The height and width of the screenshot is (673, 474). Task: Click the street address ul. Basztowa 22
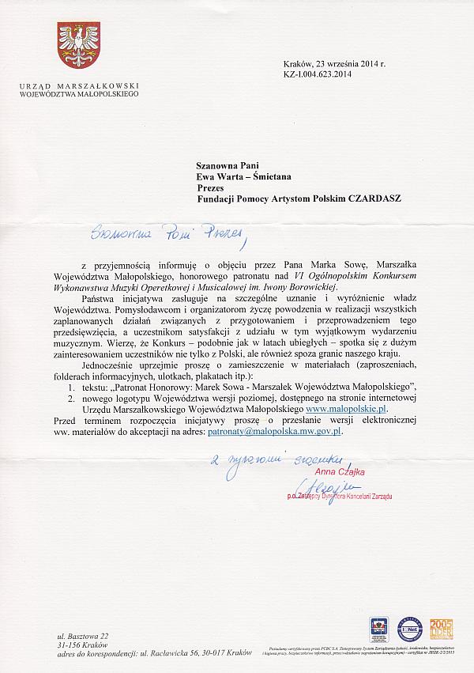(85, 636)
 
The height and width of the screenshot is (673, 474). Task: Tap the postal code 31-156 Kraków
(86, 645)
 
